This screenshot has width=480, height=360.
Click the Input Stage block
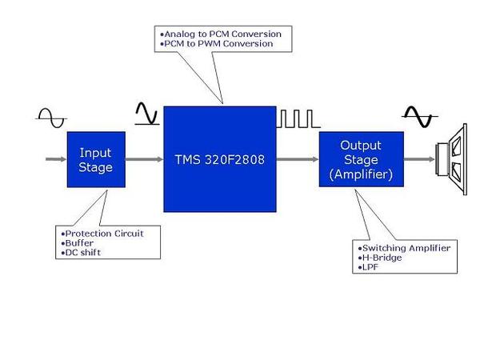point(96,159)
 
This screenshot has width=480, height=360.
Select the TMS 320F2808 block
point(219,159)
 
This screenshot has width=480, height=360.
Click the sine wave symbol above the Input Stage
point(50,118)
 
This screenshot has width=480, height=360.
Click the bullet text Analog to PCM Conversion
point(222,34)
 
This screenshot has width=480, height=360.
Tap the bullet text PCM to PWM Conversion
point(218,44)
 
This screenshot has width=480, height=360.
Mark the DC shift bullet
point(82,253)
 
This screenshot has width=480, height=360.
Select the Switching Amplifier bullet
point(404,248)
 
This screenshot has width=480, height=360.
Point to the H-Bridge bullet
point(382,258)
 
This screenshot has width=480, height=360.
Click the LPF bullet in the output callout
point(370,267)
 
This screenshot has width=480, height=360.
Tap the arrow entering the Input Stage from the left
point(54,159)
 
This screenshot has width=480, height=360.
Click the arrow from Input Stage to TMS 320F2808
point(144,159)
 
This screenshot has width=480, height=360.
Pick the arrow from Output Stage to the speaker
point(418,159)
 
